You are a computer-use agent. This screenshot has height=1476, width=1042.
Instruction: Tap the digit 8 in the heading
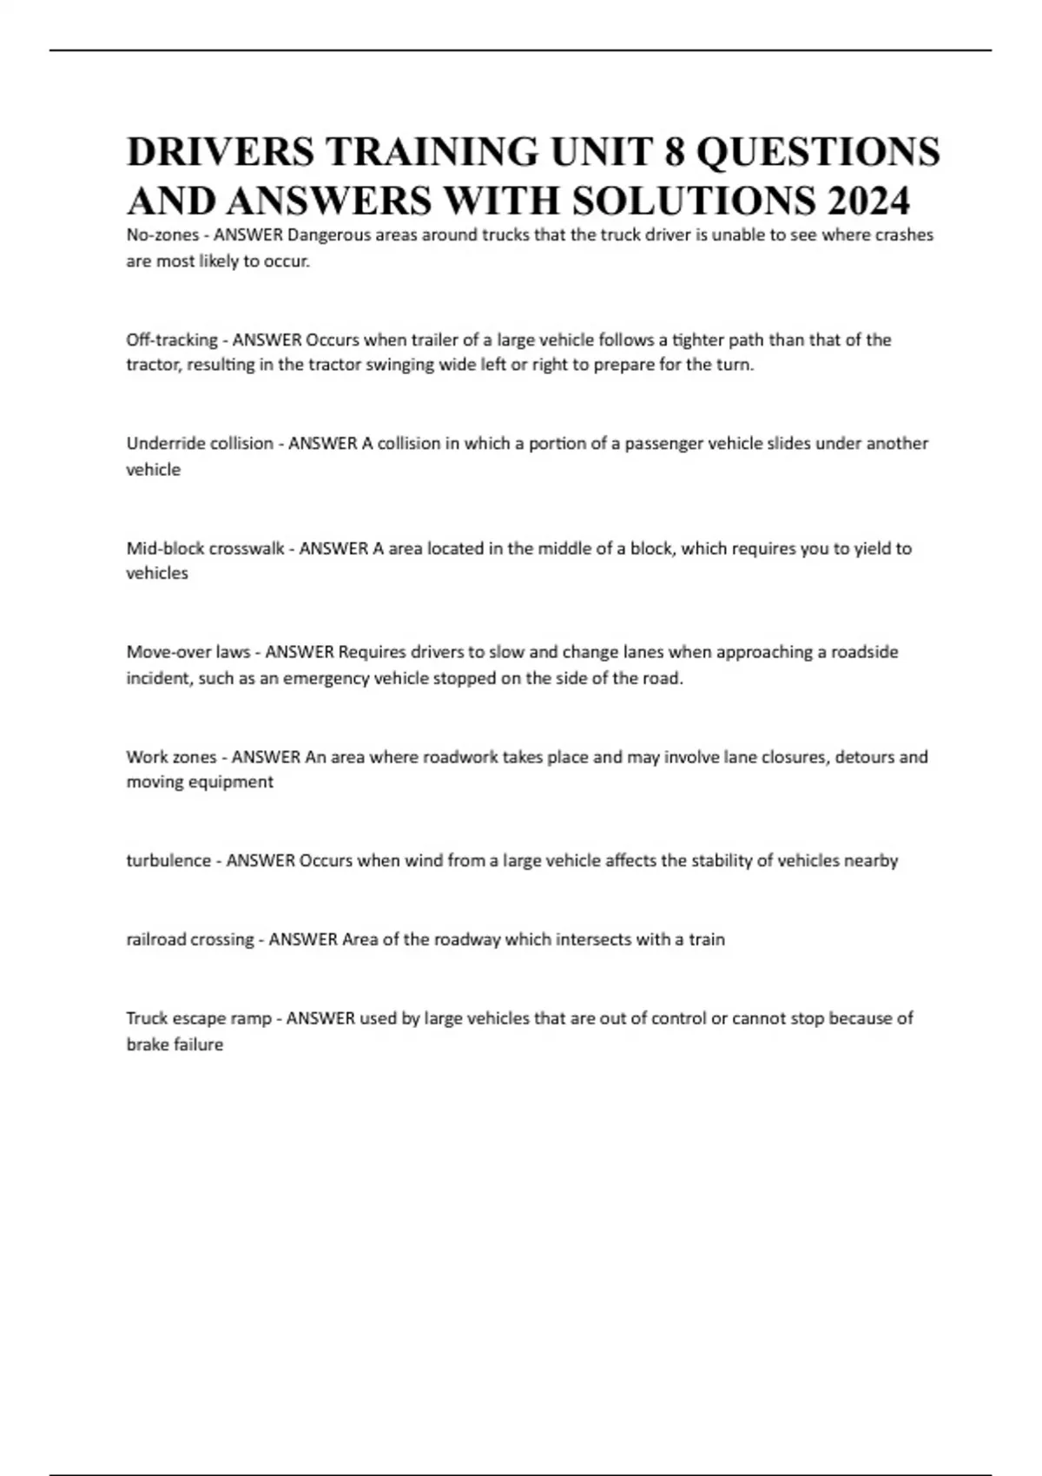[x=674, y=152]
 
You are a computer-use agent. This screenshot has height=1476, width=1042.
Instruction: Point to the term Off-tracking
[x=172, y=339]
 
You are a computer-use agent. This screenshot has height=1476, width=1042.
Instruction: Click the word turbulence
[x=168, y=861]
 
